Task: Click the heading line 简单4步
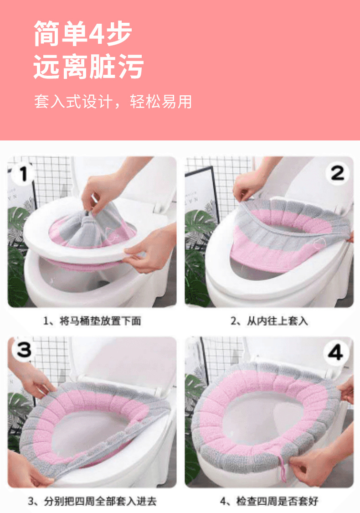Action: (x=83, y=33)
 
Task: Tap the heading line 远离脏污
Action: (x=88, y=67)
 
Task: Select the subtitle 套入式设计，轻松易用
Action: (x=113, y=101)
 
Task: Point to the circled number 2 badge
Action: (x=337, y=173)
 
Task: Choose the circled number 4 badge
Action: (x=336, y=352)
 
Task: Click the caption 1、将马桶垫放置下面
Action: (x=92, y=321)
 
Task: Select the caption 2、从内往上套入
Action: (x=269, y=321)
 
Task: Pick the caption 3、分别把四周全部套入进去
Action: (x=92, y=501)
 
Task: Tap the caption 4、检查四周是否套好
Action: (x=269, y=501)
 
